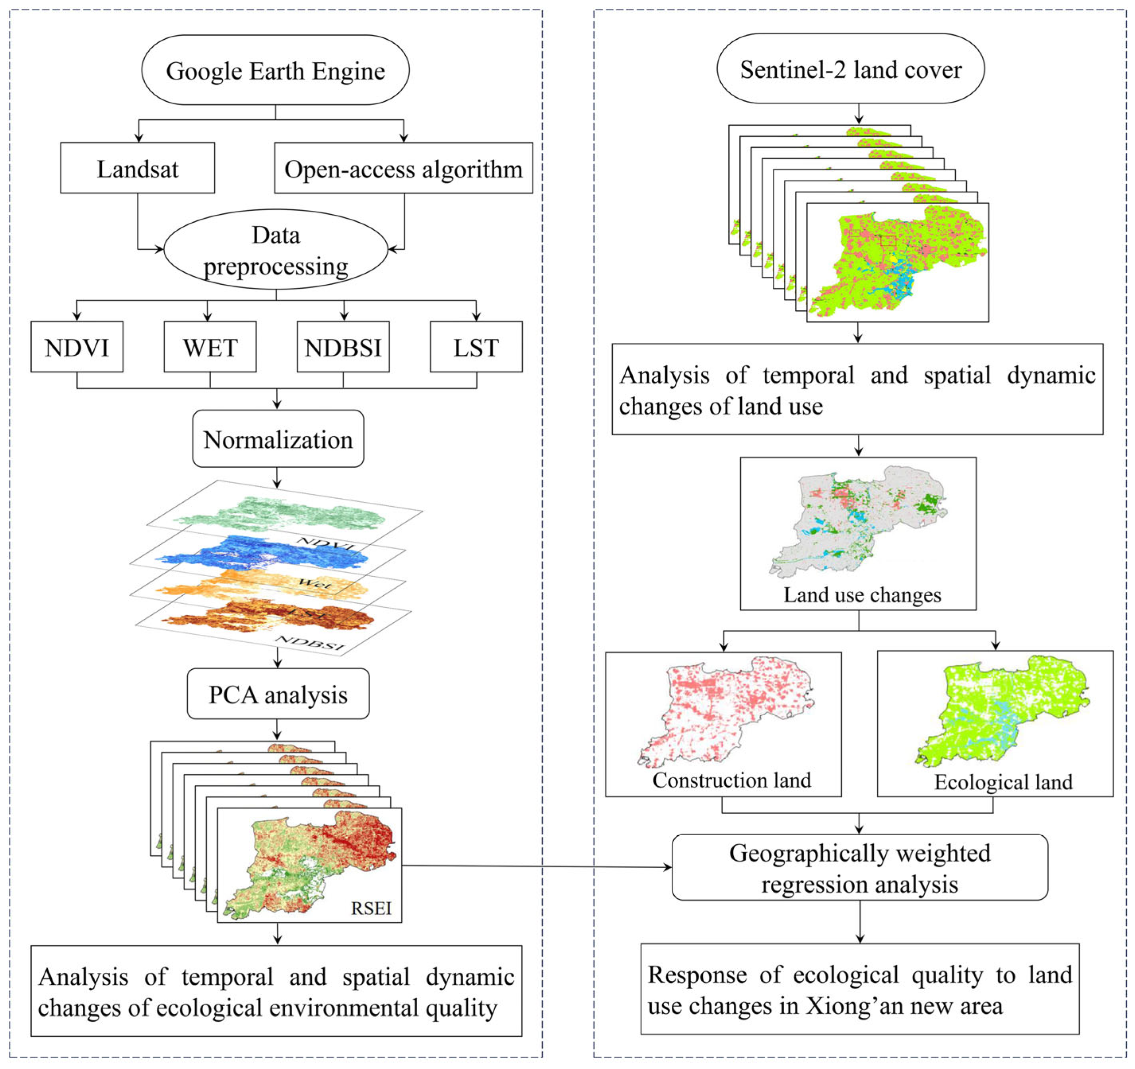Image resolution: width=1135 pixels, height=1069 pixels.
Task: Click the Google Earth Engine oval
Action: point(275,70)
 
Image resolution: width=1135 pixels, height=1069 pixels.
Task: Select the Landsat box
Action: point(138,169)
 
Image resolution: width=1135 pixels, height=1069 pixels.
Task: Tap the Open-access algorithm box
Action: point(403,169)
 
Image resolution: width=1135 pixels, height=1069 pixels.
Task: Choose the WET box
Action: point(210,347)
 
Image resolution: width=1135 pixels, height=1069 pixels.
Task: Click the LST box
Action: point(476,347)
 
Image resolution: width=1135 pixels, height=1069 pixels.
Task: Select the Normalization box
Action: point(278,439)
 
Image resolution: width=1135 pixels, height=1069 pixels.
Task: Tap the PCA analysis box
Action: point(278,694)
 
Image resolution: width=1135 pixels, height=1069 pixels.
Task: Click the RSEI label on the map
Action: point(371,908)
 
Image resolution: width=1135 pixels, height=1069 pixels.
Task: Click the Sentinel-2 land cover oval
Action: point(851,69)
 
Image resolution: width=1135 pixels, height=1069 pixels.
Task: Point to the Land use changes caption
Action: point(862,595)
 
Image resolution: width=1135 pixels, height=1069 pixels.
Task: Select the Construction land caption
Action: point(731,780)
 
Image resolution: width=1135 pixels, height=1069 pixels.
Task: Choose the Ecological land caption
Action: point(1003,782)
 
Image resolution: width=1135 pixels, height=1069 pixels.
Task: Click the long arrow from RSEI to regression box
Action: point(536,866)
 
